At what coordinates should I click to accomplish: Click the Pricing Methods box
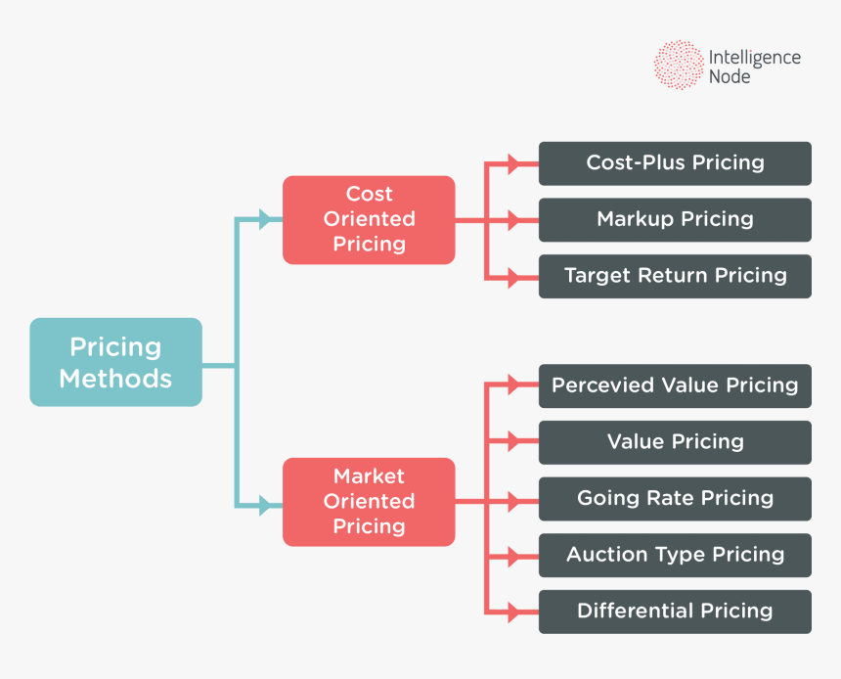tap(115, 362)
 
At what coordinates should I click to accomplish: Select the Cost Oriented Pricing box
tap(369, 219)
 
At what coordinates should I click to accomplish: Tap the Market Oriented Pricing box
tap(369, 501)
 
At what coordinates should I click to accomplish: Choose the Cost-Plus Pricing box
tap(675, 163)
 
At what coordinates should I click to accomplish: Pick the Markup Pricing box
tap(675, 219)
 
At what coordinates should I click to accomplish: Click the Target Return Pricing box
tap(675, 276)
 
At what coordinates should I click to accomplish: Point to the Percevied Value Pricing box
tap(675, 385)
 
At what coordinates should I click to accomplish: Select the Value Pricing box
tap(675, 442)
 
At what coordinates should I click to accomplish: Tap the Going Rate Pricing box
tap(675, 498)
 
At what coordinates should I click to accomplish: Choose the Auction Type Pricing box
tap(675, 555)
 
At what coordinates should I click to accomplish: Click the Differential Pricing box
tap(675, 611)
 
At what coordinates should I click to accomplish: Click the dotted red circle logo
tap(679, 66)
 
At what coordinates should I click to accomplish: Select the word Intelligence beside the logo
tap(754, 58)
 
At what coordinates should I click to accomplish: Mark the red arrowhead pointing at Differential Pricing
tap(514, 612)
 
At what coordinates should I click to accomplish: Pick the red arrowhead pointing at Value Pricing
tap(514, 443)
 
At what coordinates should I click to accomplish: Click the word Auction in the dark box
tap(599, 555)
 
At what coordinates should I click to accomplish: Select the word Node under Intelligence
tap(730, 76)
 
